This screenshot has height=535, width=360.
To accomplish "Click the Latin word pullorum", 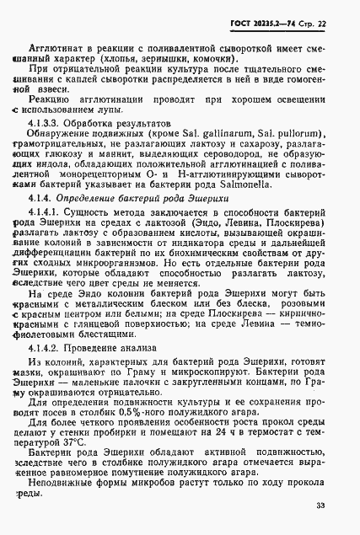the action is pos(286,158).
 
